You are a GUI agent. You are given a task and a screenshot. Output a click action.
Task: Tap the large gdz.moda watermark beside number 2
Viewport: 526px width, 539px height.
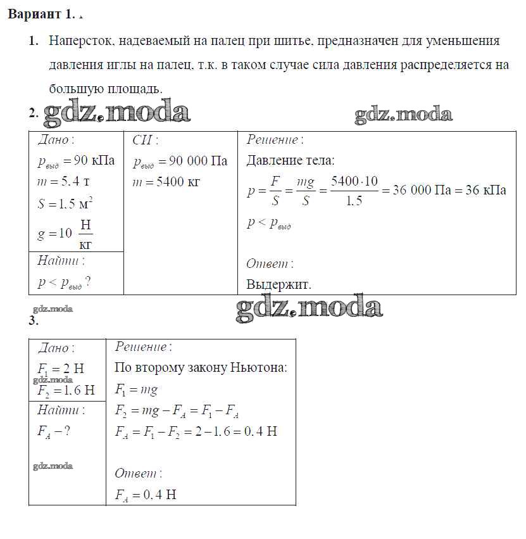pyautogui.click(x=117, y=112)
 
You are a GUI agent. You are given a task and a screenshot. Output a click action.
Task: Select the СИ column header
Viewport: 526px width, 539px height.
pyautogui.click(x=145, y=140)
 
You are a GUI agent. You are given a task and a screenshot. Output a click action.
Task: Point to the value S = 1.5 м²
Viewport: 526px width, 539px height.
pyautogui.click(x=65, y=204)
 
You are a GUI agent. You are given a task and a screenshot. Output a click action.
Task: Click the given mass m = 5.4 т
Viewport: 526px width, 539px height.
pyautogui.click(x=63, y=182)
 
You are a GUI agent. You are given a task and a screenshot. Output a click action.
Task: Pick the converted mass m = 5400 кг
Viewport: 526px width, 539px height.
pyautogui.click(x=166, y=182)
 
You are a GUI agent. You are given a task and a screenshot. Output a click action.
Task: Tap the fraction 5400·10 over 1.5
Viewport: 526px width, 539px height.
pyautogui.click(x=354, y=190)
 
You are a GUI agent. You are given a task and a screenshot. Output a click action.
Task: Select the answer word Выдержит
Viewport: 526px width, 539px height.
pyautogui.click(x=279, y=284)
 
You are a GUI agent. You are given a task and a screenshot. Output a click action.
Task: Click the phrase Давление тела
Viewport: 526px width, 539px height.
pyautogui.click(x=290, y=161)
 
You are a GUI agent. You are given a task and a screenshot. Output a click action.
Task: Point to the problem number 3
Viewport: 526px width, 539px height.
pyautogui.click(x=34, y=320)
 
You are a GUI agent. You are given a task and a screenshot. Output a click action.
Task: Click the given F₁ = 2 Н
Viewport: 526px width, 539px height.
pyautogui.click(x=61, y=369)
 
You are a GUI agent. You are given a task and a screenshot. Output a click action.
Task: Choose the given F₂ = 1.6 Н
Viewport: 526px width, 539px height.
pyautogui.click(x=66, y=390)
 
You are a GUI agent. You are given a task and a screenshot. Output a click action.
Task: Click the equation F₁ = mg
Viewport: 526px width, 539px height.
pyautogui.click(x=136, y=390)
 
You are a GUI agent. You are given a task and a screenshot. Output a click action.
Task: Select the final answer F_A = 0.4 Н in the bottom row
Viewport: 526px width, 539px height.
pyautogui.click(x=146, y=495)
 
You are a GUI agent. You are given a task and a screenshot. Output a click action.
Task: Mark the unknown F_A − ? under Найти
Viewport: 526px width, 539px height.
pyautogui.click(x=53, y=431)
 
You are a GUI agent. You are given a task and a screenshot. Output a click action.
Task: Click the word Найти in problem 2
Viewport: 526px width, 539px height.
pyautogui.click(x=61, y=260)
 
